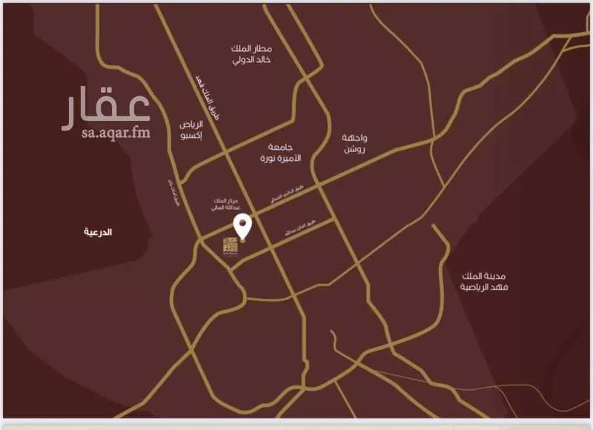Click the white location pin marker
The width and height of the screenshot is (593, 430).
(242, 226)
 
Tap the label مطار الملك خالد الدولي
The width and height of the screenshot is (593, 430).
(251, 53)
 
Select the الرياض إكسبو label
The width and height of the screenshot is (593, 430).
(191, 130)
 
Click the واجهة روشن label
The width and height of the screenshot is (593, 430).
(355, 144)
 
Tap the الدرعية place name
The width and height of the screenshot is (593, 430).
(98, 232)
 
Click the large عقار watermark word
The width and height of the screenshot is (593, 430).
(106, 108)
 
